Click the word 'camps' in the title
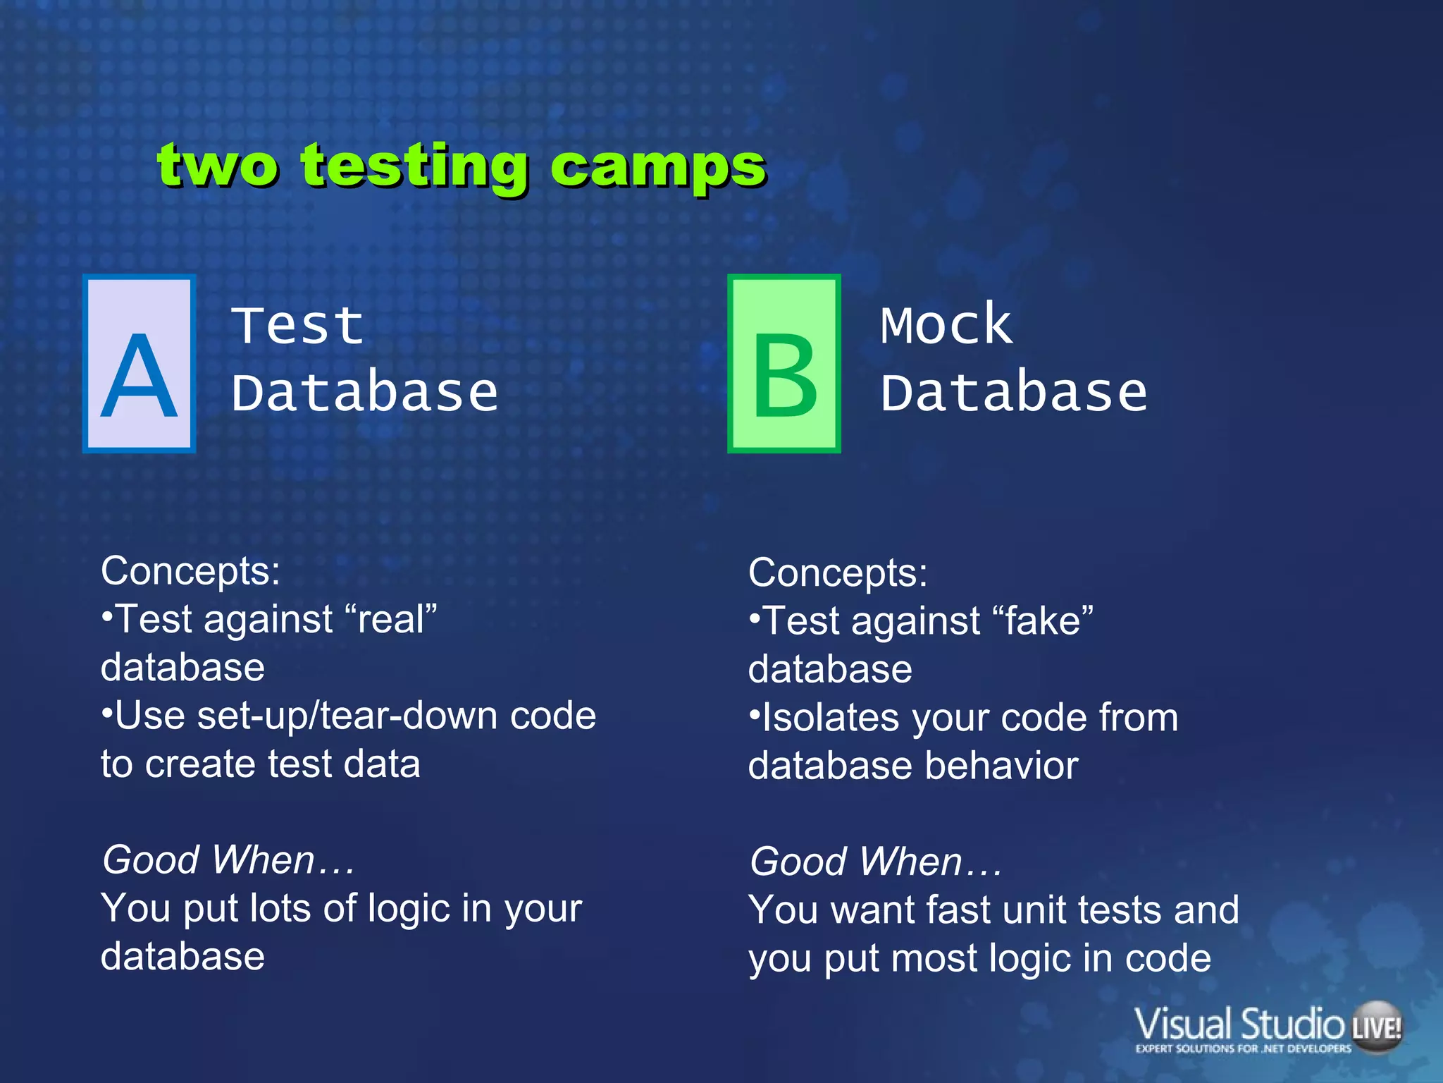[657, 168]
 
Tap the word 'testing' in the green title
[414, 168]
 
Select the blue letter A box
[139, 364]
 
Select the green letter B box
[784, 364]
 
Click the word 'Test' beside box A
[297, 326]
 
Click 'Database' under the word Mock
[1013, 393]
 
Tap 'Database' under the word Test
[365, 393]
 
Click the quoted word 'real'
[392, 620]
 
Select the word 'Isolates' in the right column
[831, 718]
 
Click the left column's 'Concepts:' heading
[190, 570]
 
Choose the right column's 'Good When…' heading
[875, 862]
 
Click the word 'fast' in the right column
[958, 910]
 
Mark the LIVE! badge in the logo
[1377, 1027]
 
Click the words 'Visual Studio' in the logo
[1239, 1024]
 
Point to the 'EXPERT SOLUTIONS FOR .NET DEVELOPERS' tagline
[1243, 1048]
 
